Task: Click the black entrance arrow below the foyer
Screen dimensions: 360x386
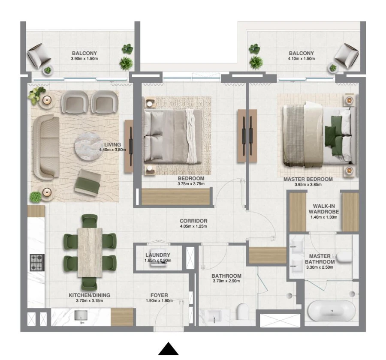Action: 168,349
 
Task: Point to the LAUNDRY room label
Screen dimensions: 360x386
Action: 158,255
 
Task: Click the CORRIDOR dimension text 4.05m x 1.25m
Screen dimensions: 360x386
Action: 193,226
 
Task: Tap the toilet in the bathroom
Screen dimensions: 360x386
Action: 242,312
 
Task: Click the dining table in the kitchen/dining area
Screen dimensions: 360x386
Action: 90,252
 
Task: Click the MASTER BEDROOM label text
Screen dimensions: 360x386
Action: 308,179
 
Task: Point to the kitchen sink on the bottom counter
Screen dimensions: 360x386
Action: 80,316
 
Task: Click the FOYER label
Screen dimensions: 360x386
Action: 159,295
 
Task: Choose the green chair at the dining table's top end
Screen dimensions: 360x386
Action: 90,220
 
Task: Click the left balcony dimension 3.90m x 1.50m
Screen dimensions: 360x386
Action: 84,58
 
